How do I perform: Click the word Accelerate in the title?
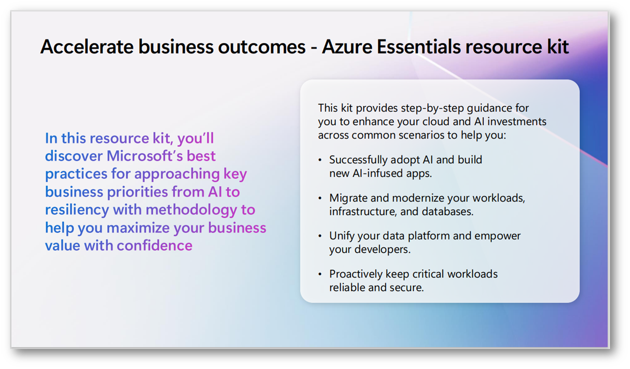(x=87, y=46)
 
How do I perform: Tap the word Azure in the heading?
(x=347, y=46)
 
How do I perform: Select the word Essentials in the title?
(x=419, y=46)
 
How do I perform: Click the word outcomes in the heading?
(x=262, y=46)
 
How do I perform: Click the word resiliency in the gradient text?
(x=77, y=210)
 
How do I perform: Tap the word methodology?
(x=191, y=210)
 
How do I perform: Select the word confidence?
(x=155, y=246)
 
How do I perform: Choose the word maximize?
(x=138, y=227)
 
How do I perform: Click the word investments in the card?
(x=517, y=122)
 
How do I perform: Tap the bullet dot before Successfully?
(x=320, y=160)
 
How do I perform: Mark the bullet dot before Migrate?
(x=320, y=198)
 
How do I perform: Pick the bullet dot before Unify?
(x=320, y=236)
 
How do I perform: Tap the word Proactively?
(x=356, y=274)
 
